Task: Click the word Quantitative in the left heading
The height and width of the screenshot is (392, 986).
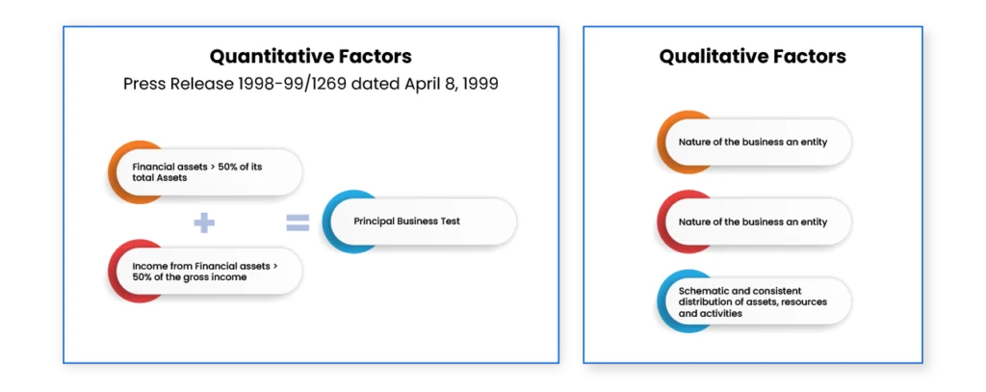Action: [263, 57]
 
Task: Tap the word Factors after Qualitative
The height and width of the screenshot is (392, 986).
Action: [811, 57]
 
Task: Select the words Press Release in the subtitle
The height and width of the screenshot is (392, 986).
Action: [178, 84]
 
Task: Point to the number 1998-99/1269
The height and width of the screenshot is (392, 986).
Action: [292, 84]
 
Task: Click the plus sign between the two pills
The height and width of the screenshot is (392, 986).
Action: [204, 222]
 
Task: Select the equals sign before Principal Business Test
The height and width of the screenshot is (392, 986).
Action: [298, 222]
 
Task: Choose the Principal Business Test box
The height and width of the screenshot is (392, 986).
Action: [420, 222]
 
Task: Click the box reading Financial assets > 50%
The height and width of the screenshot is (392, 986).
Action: [205, 171]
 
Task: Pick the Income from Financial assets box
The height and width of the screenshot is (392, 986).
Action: [205, 272]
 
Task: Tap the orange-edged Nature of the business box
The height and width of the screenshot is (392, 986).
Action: [754, 143]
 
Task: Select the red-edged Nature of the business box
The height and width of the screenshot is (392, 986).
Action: [754, 222]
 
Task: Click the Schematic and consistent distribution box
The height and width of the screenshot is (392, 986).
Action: [754, 301]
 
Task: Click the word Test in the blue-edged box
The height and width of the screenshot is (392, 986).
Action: [451, 222]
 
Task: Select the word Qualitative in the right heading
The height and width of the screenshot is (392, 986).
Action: [715, 57]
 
